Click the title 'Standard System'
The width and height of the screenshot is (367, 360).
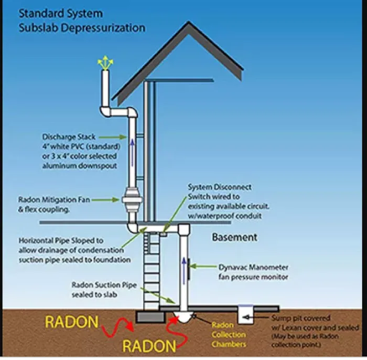coord(61,13)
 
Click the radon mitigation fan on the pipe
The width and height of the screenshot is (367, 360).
coord(131,200)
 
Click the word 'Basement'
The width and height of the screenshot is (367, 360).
coord(234,237)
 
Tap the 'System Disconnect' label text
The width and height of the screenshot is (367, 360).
coord(220,187)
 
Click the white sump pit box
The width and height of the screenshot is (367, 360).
coord(246,315)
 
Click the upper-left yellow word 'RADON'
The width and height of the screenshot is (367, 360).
coord(71,321)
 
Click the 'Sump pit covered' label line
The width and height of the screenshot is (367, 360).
coord(301,319)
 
